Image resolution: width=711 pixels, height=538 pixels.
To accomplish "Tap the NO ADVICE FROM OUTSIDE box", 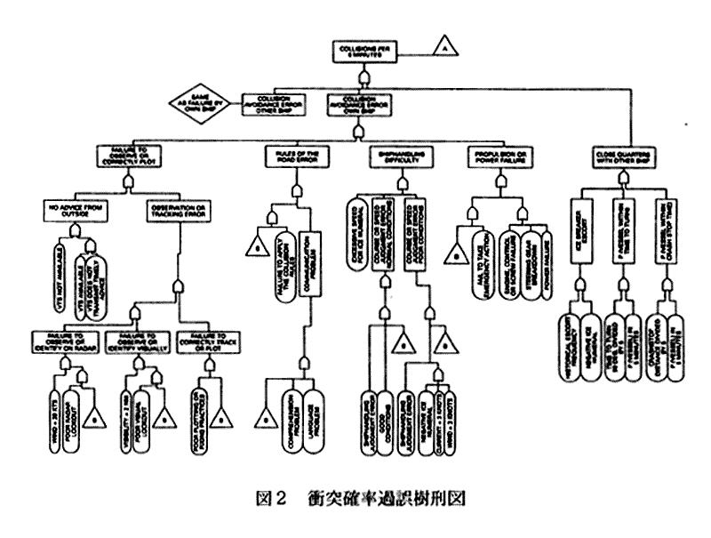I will [x=72, y=213].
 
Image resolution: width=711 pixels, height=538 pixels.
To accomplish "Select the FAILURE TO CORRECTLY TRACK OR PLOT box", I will [x=212, y=341].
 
